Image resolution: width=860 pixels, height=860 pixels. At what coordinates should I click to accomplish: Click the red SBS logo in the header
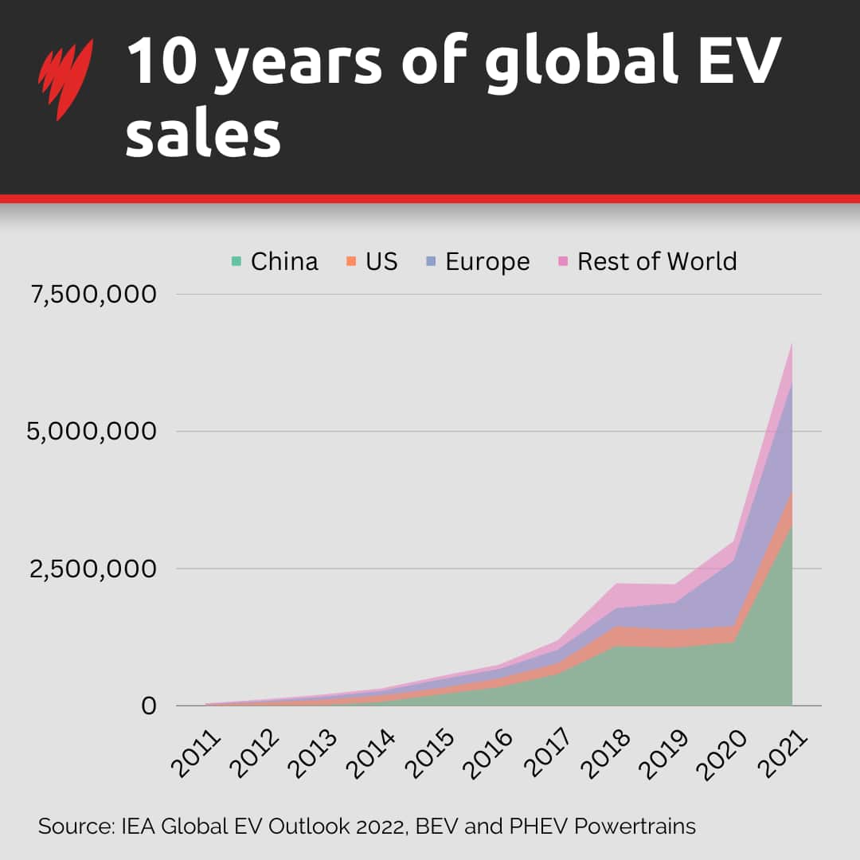click(x=65, y=80)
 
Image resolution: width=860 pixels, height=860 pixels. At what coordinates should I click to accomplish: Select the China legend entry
click(x=275, y=261)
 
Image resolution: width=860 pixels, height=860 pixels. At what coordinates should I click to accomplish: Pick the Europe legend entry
click(x=478, y=261)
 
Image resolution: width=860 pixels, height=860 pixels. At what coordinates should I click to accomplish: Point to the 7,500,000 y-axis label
click(x=93, y=295)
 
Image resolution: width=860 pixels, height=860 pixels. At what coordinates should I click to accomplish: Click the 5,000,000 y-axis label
click(x=93, y=432)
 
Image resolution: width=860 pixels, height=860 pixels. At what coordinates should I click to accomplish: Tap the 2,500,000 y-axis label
click(x=93, y=569)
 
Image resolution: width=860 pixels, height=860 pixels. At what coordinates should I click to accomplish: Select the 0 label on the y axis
click(x=149, y=706)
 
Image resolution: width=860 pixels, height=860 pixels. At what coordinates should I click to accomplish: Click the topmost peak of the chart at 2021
click(x=792, y=344)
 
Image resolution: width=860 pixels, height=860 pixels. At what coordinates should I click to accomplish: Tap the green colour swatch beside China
click(x=236, y=261)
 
